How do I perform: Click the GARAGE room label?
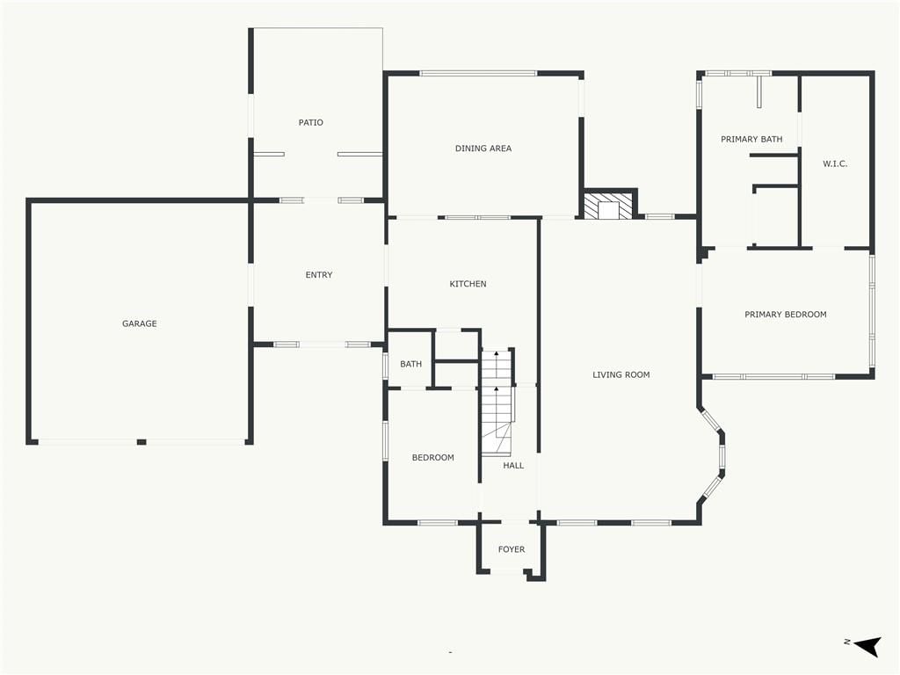point(140,323)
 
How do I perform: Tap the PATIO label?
point(310,122)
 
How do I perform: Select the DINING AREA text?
point(483,148)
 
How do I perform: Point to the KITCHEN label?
point(468,284)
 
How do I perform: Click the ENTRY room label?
point(318,275)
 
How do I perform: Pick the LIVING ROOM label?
point(621,374)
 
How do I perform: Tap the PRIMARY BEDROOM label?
point(785,315)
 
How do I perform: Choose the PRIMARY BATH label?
point(751,139)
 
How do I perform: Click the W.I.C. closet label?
point(835,163)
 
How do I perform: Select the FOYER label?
point(512,549)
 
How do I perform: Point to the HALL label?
point(513,466)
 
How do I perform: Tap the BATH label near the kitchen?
point(411,364)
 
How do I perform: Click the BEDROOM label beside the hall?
point(432,457)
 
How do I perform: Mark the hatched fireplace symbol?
point(608,206)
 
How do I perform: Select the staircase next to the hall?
point(496,402)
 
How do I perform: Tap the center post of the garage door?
point(142,442)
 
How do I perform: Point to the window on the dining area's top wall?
point(478,74)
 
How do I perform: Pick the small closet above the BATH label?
point(456,345)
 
